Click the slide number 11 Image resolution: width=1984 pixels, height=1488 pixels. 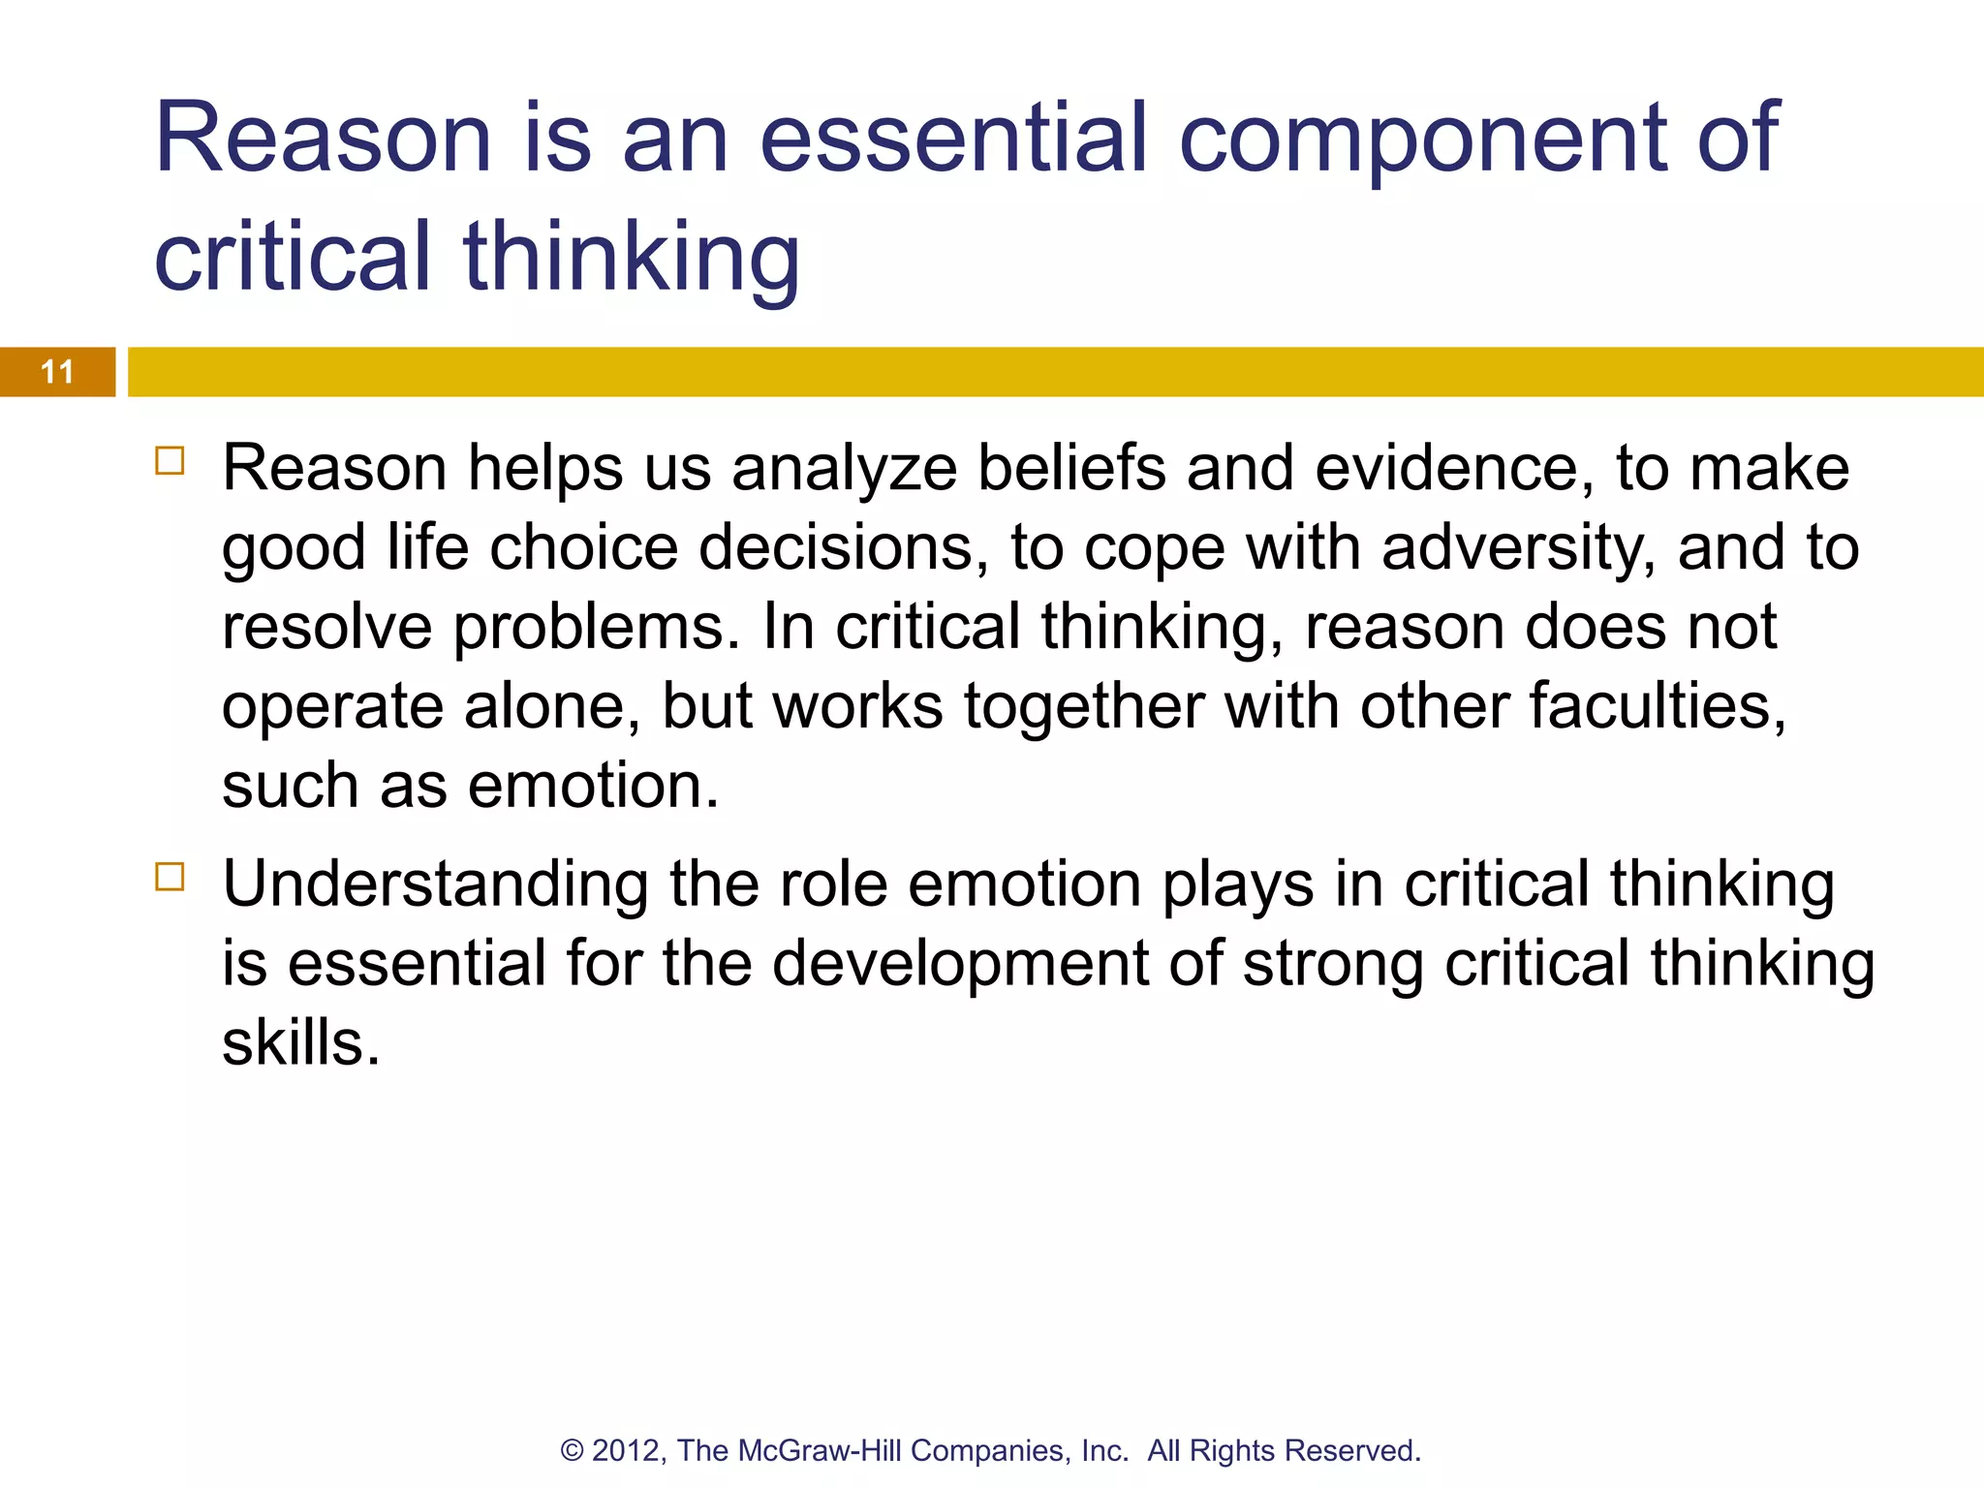[57, 372]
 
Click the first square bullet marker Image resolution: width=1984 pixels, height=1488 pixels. [170, 460]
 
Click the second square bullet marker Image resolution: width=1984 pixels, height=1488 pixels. [170, 877]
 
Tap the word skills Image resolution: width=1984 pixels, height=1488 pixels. [301, 1044]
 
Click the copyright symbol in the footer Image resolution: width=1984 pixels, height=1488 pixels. [572, 1451]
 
